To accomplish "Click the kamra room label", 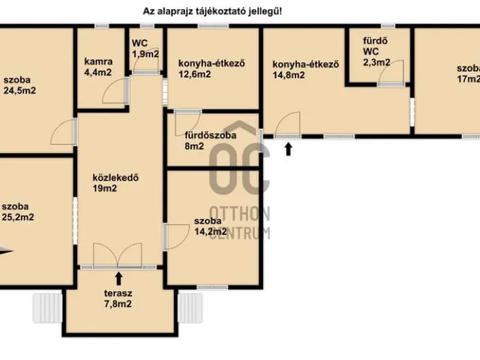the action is (x=98, y=61).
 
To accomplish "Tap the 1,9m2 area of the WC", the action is (x=145, y=54).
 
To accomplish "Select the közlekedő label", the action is (x=115, y=178).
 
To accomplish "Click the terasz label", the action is (x=118, y=293).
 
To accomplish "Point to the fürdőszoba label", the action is (x=211, y=135).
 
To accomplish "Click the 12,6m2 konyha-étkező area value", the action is (x=195, y=74).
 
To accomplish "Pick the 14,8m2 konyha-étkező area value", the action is (x=289, y=75).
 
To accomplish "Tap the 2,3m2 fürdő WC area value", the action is (x=376, y=62).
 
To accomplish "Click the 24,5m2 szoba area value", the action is (x=20, y=91).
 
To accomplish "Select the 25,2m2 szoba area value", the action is (x=18, y=217).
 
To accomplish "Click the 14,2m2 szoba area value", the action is (x=211, y=232).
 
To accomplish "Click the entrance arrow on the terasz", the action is (x=118, y=279).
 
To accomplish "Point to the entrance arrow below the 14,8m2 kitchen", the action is (x=288, y=149).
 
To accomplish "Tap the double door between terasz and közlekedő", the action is (x=118, y=256).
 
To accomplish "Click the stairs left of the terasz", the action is (x=47, y=308).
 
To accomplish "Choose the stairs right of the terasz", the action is (x=190, y=308).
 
